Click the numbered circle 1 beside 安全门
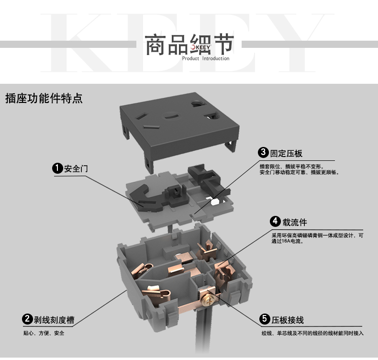(57, 168)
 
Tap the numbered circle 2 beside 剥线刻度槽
(27, 319)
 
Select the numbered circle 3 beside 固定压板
(263, 153)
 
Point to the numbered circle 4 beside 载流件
(275, 221)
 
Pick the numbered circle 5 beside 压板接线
(265, 319)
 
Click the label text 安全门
(76, 169)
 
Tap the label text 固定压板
(286, 153)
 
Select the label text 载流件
(295, 222)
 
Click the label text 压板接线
(288, 320)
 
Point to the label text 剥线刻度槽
(54, 320)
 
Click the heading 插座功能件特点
(44, 99)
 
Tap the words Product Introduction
(206, 58)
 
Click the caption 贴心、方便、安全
(44, 333)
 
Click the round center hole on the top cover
(171, 116)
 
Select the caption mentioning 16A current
(317, 238)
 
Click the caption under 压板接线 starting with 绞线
(312, 333)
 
